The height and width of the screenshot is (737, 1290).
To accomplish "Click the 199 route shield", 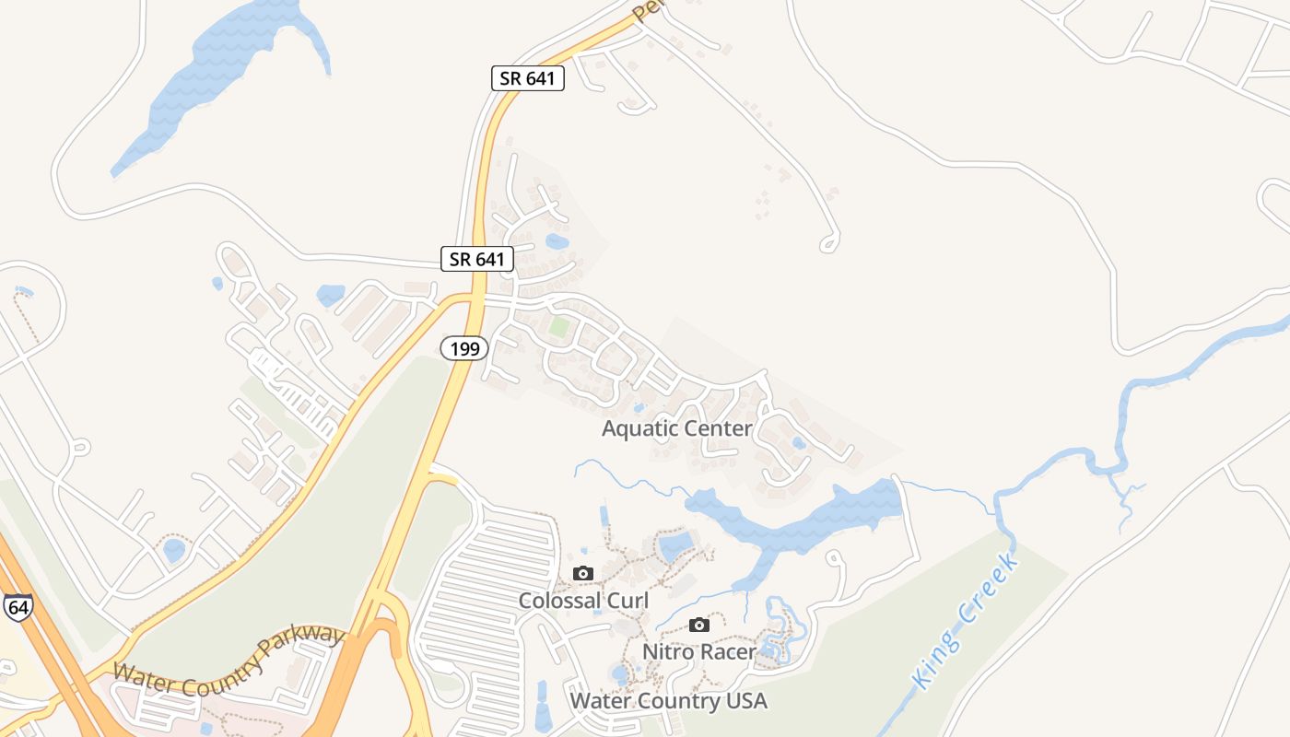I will pyautogui.click(x=463, y=347).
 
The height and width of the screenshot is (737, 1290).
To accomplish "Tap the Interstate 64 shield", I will pyautogui.click(x=17, y=605).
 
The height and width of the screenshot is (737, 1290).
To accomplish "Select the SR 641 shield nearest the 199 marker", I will pyautogui.click(x=476, y=259).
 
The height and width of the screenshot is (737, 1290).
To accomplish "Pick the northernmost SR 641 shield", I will pyautogui.click(x=527, y=78).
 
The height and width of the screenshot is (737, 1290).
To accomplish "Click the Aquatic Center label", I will pyautogui.click(x=677, y=428).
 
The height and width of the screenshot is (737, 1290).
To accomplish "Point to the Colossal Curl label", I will pyautogui.click(x=583, y=601).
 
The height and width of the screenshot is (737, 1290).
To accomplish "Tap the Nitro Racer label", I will pyautogui.click(x=699, y=651).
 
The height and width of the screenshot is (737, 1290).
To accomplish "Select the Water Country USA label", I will pyautogui.click(x=668, y=700).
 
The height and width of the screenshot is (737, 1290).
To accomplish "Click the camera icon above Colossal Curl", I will pyautogui.click(x=582, y=573).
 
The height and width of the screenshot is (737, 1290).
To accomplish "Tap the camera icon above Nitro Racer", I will pyautogui.click(x=699, y=625).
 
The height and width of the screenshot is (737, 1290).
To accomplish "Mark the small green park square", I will pyautogui.click(x=558, y=325).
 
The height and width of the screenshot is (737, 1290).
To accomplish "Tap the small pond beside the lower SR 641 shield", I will pyautogui.click(x=557, y=241).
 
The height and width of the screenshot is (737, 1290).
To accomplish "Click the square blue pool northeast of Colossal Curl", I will pyautogui.click(x=675, y=545).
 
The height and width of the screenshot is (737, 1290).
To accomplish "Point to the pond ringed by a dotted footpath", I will pyautogui.click(x=173, y=550).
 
